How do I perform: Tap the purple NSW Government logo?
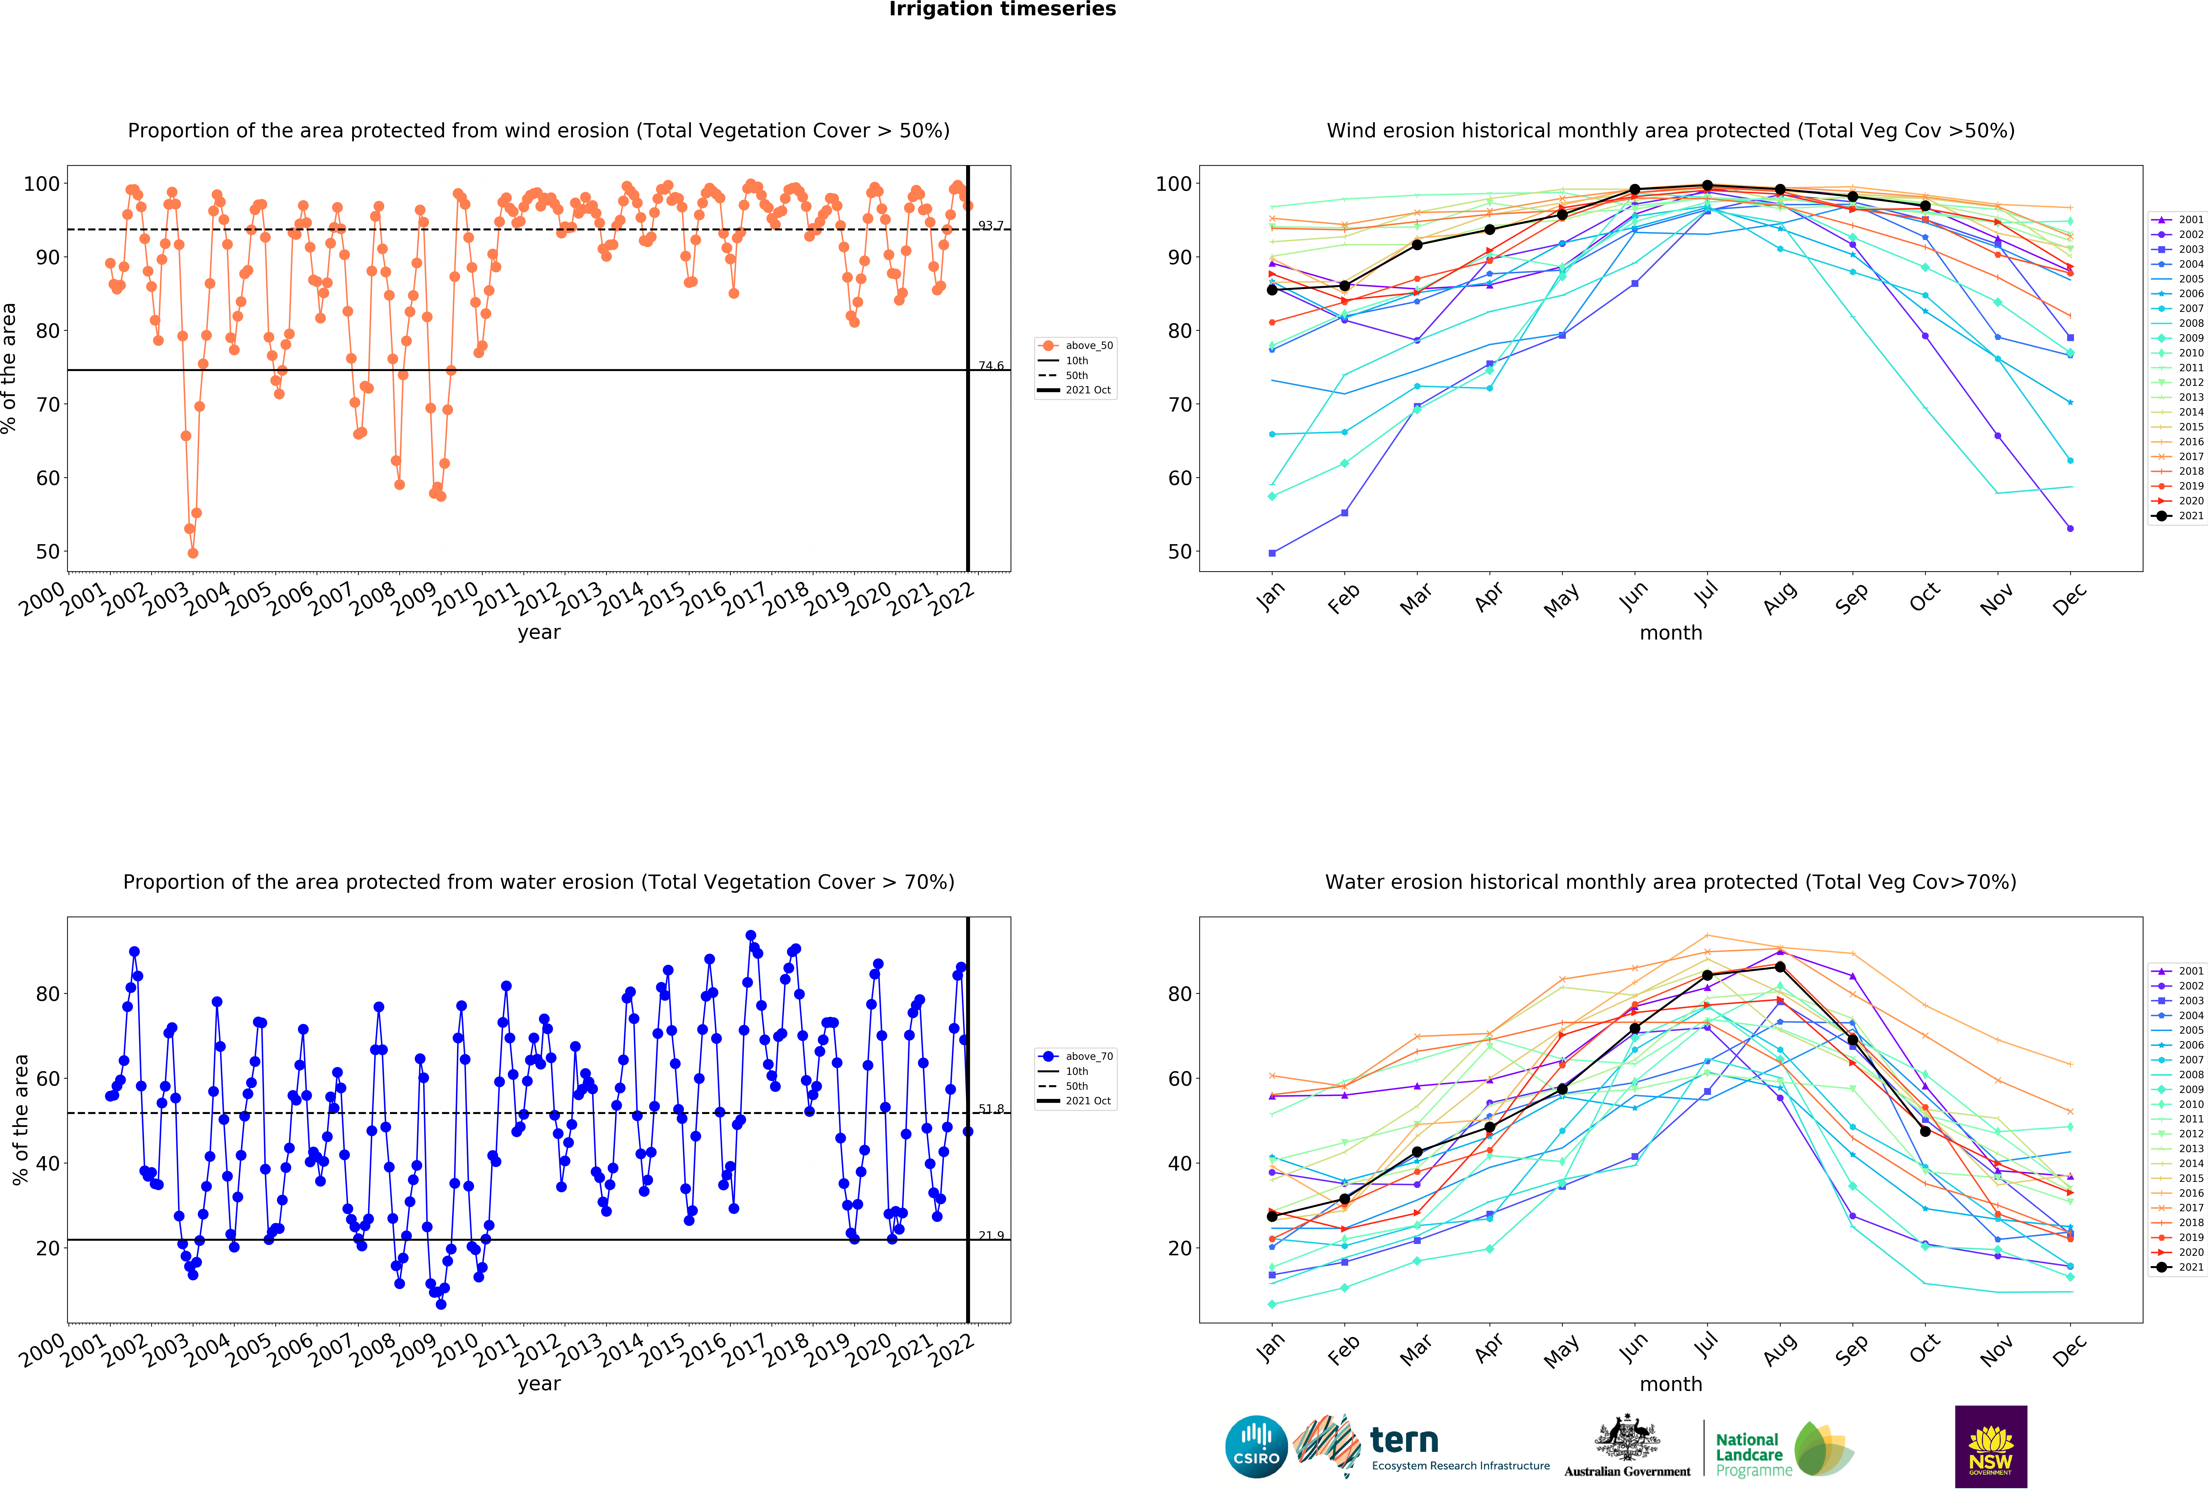click(x=1990, y=1446)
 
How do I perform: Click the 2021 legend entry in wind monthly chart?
click(x=2178, y=516)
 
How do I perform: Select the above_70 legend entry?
click(x=1077, y=1056)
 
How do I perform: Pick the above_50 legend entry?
click(x=1077, y=346)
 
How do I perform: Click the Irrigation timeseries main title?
click(x=1002, y=9)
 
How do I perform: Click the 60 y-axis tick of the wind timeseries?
click(x=48, y=478)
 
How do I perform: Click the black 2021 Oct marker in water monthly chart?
click(x=1925, y=1131)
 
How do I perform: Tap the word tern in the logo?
click(x=1404, y=1440)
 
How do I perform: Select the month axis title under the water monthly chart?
click(x=1670, y=1384)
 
